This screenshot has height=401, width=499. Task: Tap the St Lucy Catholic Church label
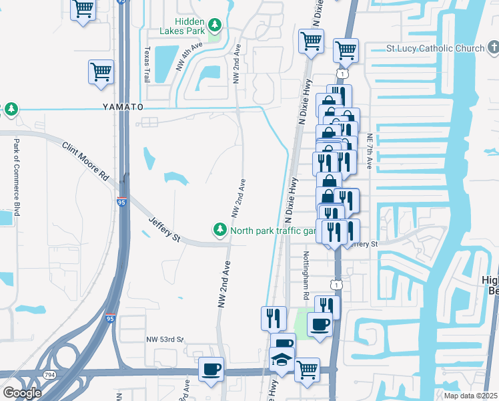click(x=436, y=49)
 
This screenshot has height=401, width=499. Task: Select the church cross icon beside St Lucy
click(x=492, y=48)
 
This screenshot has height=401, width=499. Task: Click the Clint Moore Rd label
click(x=85, y=162)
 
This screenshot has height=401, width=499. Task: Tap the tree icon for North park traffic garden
click(x=219, y=230)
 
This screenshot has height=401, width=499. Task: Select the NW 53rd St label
click(x=165, y=340)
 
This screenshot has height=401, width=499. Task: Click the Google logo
click(x=21, y=393)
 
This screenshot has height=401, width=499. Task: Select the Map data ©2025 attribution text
click(x=470, y=396)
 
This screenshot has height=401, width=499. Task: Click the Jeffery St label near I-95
click(x=164, y=229)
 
